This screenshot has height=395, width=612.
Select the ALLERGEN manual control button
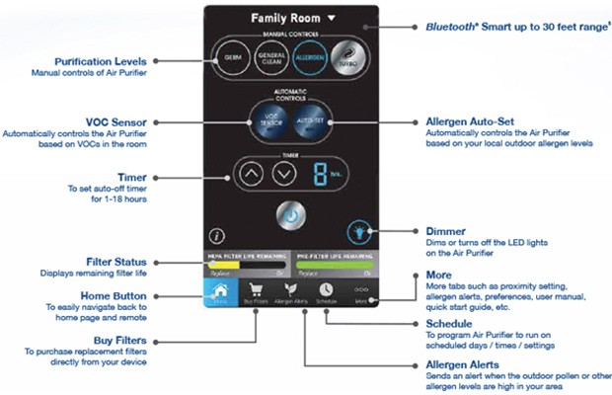point(311,56)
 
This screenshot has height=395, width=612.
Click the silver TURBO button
point(348,56)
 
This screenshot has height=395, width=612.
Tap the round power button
point(291,214)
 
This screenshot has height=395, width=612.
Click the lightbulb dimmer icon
point(358,234)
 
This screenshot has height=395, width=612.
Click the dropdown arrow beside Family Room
point(333,17)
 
